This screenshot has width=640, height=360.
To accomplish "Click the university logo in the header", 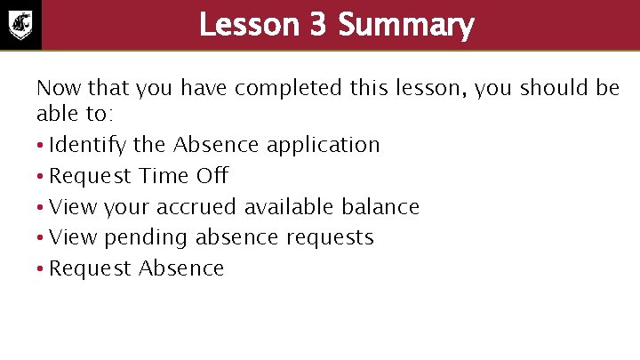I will tap(21, 24).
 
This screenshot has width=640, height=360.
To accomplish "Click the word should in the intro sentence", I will tap(549, 88).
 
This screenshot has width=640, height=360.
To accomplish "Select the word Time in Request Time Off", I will tap(164, 175).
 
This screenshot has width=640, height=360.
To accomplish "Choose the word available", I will tap(289, 206).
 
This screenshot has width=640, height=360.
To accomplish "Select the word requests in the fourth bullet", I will tap(332, 238).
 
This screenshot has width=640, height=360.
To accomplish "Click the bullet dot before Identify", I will tap(41, 146).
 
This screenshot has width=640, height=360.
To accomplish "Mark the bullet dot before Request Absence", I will tap(41, 269).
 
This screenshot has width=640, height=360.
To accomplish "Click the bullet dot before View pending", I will tap(41, 238).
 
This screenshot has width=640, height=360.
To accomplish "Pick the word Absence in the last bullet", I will tap(182, 268).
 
